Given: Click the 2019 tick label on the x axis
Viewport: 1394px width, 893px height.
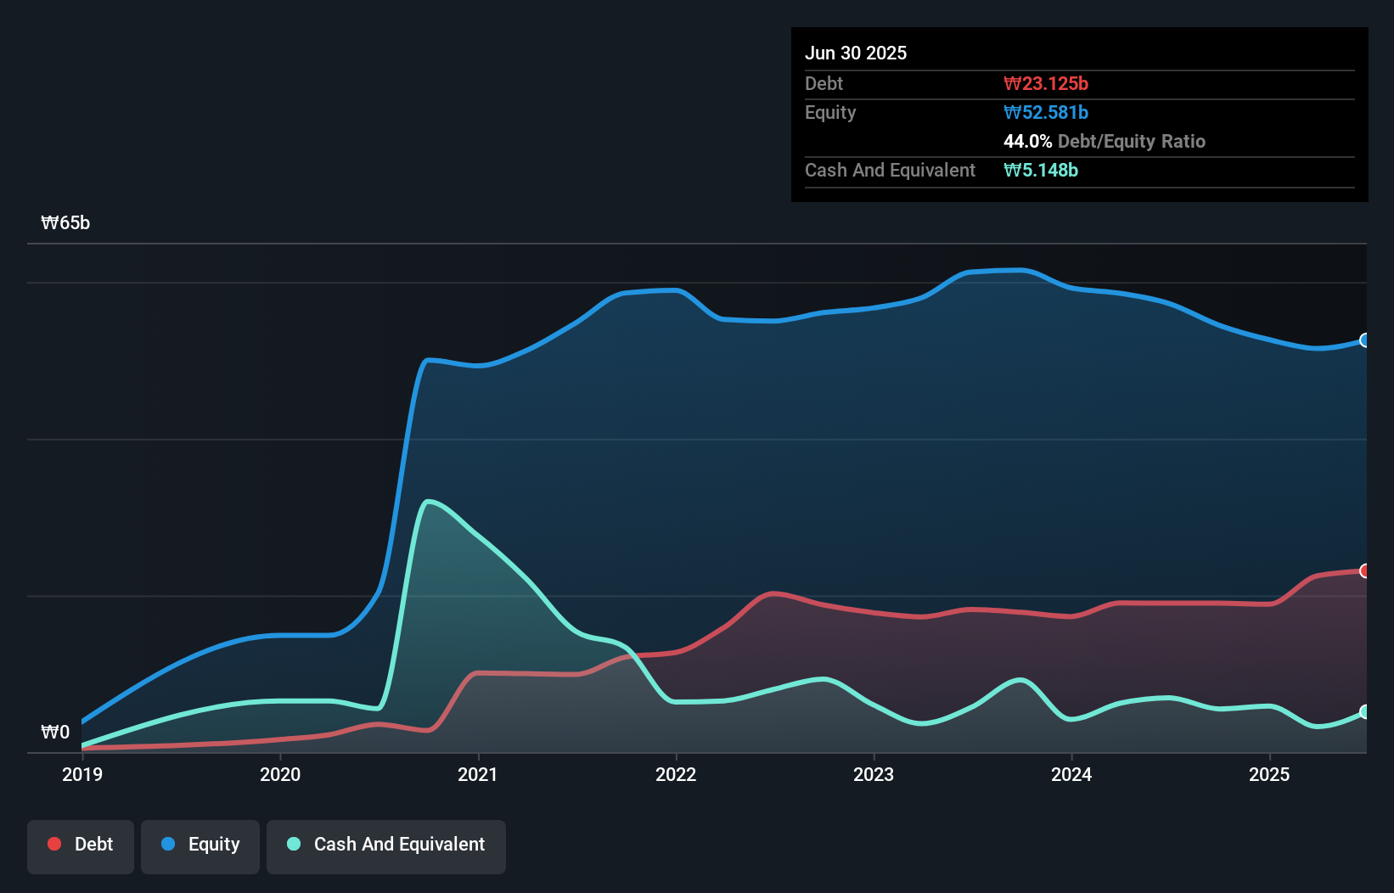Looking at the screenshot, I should point(82,774).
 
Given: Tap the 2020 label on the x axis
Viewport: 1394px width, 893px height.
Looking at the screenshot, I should point(280,774).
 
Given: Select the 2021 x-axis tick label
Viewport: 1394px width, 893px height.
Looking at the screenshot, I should point(478,774).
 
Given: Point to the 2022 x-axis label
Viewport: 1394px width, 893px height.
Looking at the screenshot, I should point(676,774).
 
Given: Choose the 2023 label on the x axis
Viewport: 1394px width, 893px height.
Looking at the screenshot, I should point(874,774).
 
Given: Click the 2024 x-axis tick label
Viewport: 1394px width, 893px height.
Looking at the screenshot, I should point(1071,774).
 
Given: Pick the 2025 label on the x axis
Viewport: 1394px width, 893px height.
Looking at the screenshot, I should point(1269,774).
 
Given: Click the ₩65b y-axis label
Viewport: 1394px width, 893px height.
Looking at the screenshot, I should point(65,223).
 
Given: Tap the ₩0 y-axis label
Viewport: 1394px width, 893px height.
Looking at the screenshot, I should point(55,732).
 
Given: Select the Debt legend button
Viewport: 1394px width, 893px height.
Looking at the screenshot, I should point(81,845).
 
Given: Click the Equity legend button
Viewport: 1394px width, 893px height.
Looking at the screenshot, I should point(200,845).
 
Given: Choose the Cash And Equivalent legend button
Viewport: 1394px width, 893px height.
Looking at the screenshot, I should point(386,845).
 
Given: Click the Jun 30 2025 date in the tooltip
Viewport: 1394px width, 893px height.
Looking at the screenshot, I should point(856,53).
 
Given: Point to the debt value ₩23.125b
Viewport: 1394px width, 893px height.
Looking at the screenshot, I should point(1046,83).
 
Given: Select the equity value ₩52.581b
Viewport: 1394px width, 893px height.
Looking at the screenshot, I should point(1046,112).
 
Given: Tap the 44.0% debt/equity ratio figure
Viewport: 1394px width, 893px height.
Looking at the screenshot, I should point(1027,141).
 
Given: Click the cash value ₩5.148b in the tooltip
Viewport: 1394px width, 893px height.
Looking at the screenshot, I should point(1041,170).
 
